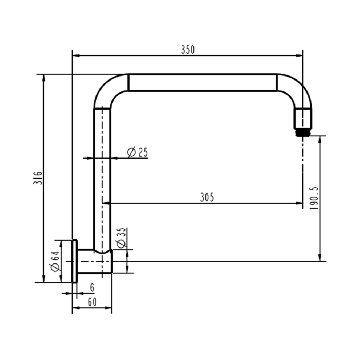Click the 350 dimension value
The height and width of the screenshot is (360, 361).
click(x=188, y=49)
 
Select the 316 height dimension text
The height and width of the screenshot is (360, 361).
click(x=38, y=177)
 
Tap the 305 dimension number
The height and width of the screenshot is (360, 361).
click(x=207, y=197)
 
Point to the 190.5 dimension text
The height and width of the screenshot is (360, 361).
click(x=314, y=198)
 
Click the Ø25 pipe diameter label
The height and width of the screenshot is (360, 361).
click(x=137, y=152)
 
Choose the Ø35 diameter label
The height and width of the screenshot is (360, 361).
click(x=122, y=238)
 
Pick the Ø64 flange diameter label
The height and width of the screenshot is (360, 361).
click(x=55, y=262)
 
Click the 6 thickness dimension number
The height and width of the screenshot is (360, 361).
click(x=92, y=288)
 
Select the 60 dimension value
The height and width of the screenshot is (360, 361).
click(x=92, y=302)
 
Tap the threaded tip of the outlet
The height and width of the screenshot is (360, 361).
click(x=303, y=132)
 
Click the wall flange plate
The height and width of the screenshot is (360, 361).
click(x=75, y=261)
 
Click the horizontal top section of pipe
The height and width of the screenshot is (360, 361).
click(x=203, y=82)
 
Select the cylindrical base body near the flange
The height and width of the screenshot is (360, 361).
click(x=95, y=261)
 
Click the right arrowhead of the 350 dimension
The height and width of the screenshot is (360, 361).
click(x=299, y=55)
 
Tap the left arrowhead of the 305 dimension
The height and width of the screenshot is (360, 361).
click(x=106, y=203)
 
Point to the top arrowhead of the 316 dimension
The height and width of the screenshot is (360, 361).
click(x=43, y=78)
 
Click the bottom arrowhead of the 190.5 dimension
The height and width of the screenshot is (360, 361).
click(x=320, y=258)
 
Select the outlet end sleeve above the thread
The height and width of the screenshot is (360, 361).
click(x=303, y=118)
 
